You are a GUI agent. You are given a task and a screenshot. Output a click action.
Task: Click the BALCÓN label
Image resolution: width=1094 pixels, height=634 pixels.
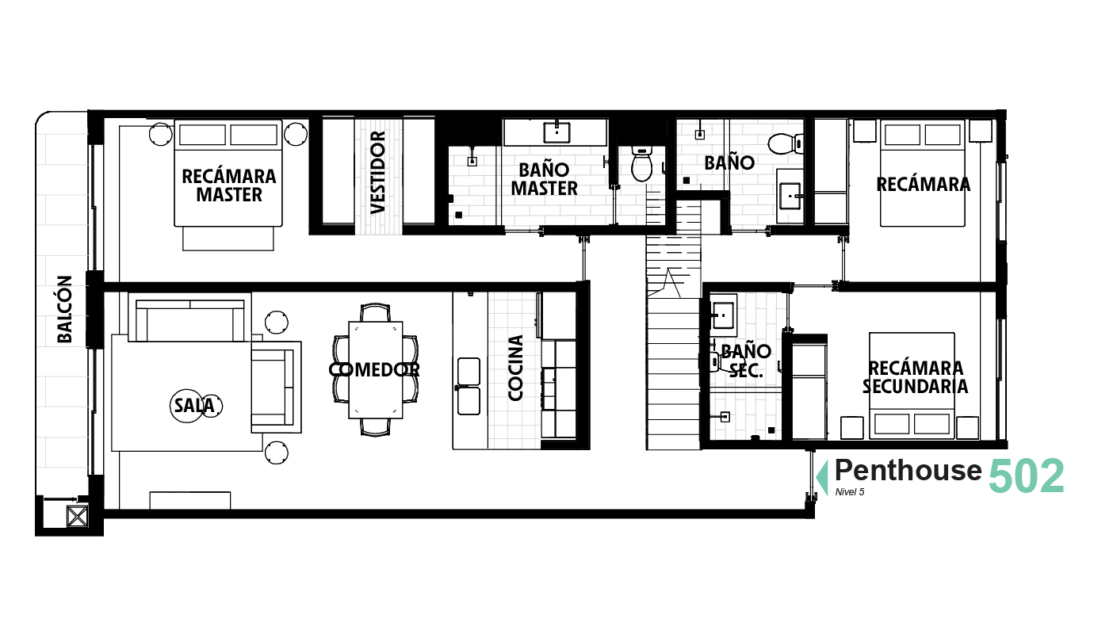click(x=64, y=309)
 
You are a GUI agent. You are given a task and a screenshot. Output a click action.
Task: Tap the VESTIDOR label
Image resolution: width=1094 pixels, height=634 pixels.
click(x=378, y=172)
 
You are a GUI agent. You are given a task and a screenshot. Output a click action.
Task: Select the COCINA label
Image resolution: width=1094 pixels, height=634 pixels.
click(x=515, y=368)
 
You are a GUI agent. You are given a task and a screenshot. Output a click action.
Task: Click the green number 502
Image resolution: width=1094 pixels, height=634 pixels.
click(x=1026, y=475)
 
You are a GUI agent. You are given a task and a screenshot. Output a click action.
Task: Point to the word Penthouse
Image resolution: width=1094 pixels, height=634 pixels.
click(x=908, y=471)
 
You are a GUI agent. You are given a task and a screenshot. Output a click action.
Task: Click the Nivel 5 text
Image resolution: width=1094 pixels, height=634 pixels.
click(x=850, y=492)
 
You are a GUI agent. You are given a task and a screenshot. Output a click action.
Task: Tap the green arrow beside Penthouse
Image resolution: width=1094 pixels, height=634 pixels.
click(x=822, y=478)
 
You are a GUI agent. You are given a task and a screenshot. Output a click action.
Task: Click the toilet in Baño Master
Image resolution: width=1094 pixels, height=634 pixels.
click(x=642, y=163)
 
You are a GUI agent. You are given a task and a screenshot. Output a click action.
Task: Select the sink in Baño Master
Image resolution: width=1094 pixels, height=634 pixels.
click(x=557, y=132)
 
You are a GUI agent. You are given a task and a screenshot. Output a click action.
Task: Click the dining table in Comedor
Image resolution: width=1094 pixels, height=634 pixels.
click(x=376, y=370)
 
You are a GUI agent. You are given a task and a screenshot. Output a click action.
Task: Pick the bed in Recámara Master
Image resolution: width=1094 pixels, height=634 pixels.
click(x=228, y=174)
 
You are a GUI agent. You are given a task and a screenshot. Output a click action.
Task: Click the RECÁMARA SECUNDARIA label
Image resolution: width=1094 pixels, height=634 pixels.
click(x=915, y=377)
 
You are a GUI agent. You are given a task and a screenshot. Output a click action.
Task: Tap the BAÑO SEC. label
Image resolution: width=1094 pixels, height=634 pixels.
click(x=746, y=361)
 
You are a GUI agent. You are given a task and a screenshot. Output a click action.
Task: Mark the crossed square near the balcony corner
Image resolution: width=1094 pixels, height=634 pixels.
click(x=77, y=517)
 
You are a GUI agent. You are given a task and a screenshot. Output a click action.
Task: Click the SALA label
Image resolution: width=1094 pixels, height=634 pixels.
click(x=194, y=405)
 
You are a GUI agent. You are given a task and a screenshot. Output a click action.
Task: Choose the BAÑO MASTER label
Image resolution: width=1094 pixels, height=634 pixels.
click(x=544, y=179)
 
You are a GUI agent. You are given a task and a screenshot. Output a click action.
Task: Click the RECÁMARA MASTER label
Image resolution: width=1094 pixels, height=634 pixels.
click(x=228, y=185)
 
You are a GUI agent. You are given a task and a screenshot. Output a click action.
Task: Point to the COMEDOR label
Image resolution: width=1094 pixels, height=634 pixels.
click(x=374, y=369)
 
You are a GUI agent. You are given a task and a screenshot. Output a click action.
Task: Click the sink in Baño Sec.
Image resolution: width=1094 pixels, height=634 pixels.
click(x=722, y=315)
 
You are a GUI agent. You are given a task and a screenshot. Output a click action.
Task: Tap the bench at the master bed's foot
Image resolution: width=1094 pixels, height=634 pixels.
click(x=228, y=239)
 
